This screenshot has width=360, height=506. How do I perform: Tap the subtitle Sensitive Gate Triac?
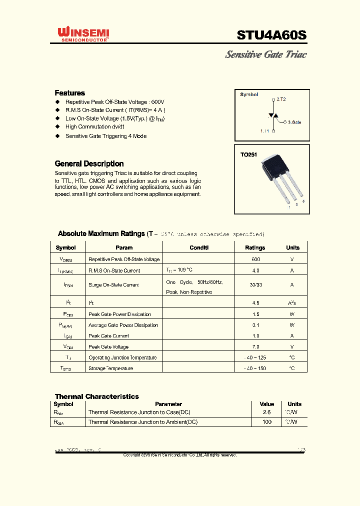point(265,54)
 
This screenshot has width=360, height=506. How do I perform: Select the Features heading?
point(69,93)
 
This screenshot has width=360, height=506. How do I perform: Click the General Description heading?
point(89,163)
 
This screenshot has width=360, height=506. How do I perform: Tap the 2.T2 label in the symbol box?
point(281,99)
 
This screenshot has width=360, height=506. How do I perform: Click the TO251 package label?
point(248,155)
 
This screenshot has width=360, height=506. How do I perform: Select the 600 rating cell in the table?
point(255,259)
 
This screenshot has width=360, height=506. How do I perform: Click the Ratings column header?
point(255,247)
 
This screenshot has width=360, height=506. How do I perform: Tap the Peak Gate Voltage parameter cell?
point(108,347)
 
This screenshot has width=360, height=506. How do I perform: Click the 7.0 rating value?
point(255,347)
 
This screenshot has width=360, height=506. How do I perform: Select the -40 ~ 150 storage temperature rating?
point(255,368)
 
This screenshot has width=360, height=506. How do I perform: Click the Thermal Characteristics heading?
point(97,396)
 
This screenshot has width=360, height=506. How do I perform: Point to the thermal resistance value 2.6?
point(266,412)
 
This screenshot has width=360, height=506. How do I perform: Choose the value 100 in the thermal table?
point(266,422)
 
